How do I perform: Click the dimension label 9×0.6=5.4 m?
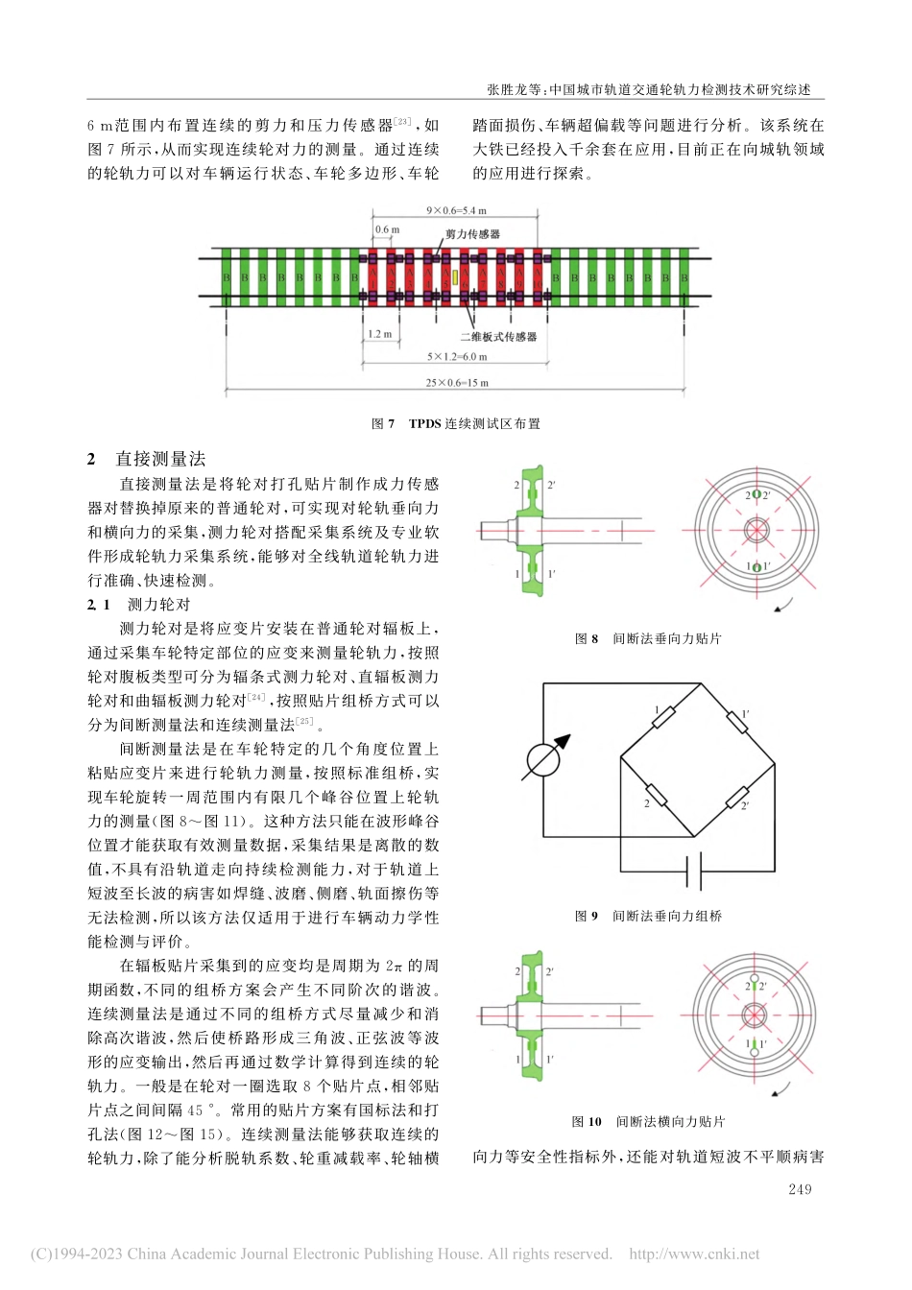tap(456, 210)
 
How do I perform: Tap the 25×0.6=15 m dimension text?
tap(457, 383)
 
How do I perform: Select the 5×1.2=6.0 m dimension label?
tap(457, 357)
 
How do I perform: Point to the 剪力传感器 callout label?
tap(472, 234)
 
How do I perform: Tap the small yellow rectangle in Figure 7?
tap(456, 279)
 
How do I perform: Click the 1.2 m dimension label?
tap(380, 335)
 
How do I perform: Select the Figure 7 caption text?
tap(456, 423)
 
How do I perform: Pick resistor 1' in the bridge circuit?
tap(736, 721)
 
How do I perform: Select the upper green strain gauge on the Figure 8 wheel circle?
tap(756, 495)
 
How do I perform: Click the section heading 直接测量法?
tap(161, 459)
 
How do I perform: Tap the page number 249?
tap(799, 1189)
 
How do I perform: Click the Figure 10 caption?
tap(648, 1121)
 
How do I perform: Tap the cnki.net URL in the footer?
tap(694, 1254)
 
